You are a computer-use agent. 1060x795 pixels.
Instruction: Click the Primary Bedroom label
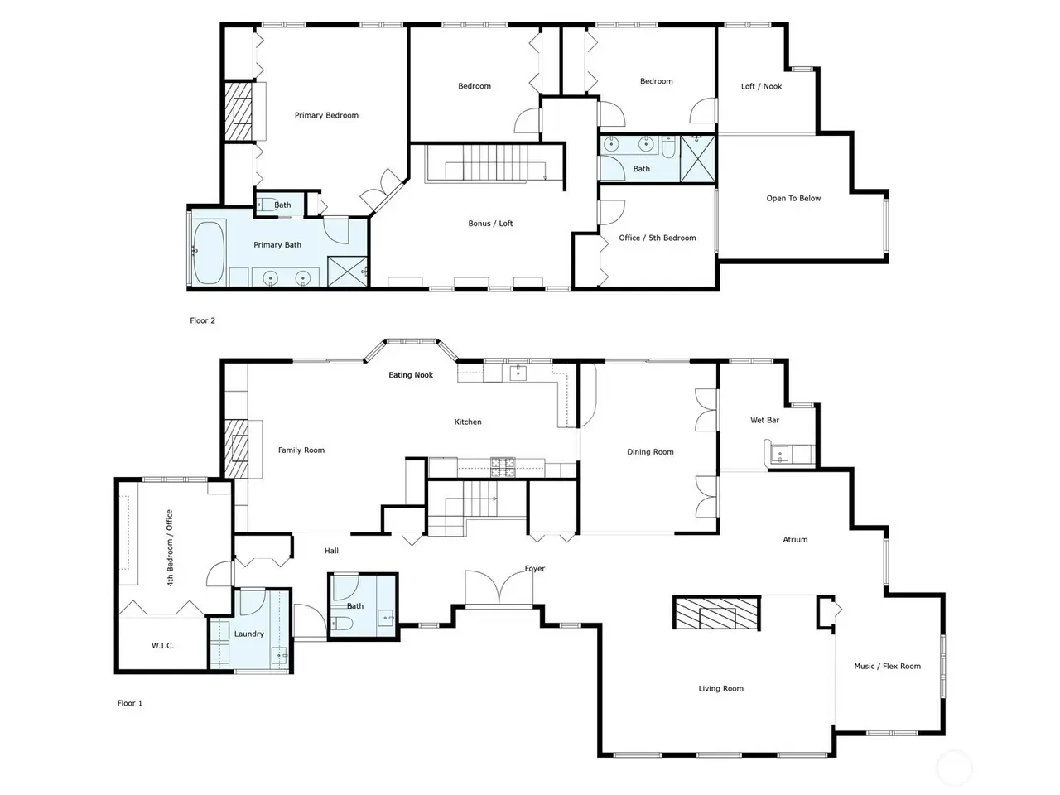click(x=326, y=115)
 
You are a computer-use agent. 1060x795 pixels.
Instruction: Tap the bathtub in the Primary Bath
click(x=210, y=253)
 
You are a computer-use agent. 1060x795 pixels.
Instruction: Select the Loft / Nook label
click(x=761, y=86)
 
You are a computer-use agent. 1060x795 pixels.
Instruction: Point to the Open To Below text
click(x=793, y=199)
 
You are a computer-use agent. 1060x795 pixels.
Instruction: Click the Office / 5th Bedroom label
click(x=658, y=238)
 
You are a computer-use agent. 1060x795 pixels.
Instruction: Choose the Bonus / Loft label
click(x=490, y=224)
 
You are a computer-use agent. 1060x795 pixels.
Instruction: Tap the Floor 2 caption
click(x=202, y=320)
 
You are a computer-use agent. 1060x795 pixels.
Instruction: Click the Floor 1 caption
click(x=130, y=703)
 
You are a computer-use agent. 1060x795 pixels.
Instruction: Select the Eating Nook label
click(x=411, y=375)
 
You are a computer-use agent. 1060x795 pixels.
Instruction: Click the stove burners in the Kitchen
click(x=503, y=468)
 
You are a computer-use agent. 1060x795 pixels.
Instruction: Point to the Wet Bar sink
click(x=779, y=455)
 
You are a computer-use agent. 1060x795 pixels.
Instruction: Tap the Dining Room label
click(x=650, y=452)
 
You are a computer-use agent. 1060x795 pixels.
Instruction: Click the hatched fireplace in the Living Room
click(x=716, y=613)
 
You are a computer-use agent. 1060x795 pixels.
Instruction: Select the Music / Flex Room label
click(x=887, y=667)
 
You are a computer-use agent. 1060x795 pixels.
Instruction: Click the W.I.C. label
click(x=162, y=646)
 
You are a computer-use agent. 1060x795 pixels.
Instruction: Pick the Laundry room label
click(x=249, y=634)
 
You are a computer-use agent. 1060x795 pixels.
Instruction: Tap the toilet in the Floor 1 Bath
click(x=342, y=624)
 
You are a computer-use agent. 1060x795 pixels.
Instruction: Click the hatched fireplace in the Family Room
click(x=237, y=449)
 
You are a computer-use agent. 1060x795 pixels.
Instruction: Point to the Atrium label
click(x=795, y=540)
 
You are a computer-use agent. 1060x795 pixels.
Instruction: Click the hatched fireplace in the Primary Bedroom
click(x=239, y=112)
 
